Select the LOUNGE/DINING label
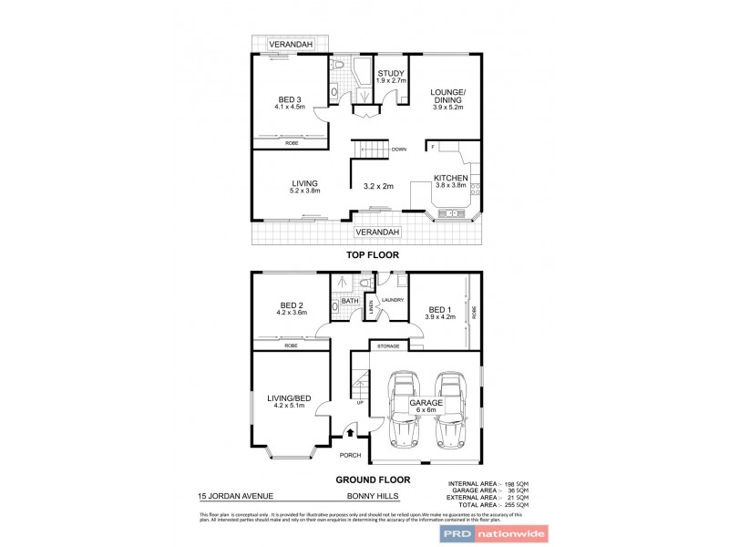point(448,96)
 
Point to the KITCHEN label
point(450,178)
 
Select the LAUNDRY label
point(392,299)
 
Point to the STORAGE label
point(388,346)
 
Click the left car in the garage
point(404,408)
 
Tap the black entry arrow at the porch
point(350,435)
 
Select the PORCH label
point(350,454)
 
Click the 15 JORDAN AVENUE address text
point(235,497)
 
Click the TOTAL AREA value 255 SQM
point(516,504)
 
